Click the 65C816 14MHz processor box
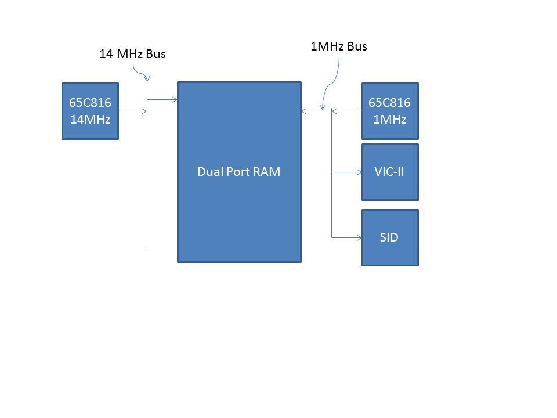tap(90, 111)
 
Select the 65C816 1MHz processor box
tap(390, 111)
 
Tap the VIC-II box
tap(390, 172)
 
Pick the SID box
tap(390, 237)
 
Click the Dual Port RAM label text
tap(239, 172)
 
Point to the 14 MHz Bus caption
tap(133, 55)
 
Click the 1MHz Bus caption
tap(339, 46)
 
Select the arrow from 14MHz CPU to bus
tap(133, 111)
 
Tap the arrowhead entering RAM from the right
tap(304, 110)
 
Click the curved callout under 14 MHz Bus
tap(142, 74)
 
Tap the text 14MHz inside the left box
tap(90, 120)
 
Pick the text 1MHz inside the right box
tap(390, 120)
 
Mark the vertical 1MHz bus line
tap(332, 203)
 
